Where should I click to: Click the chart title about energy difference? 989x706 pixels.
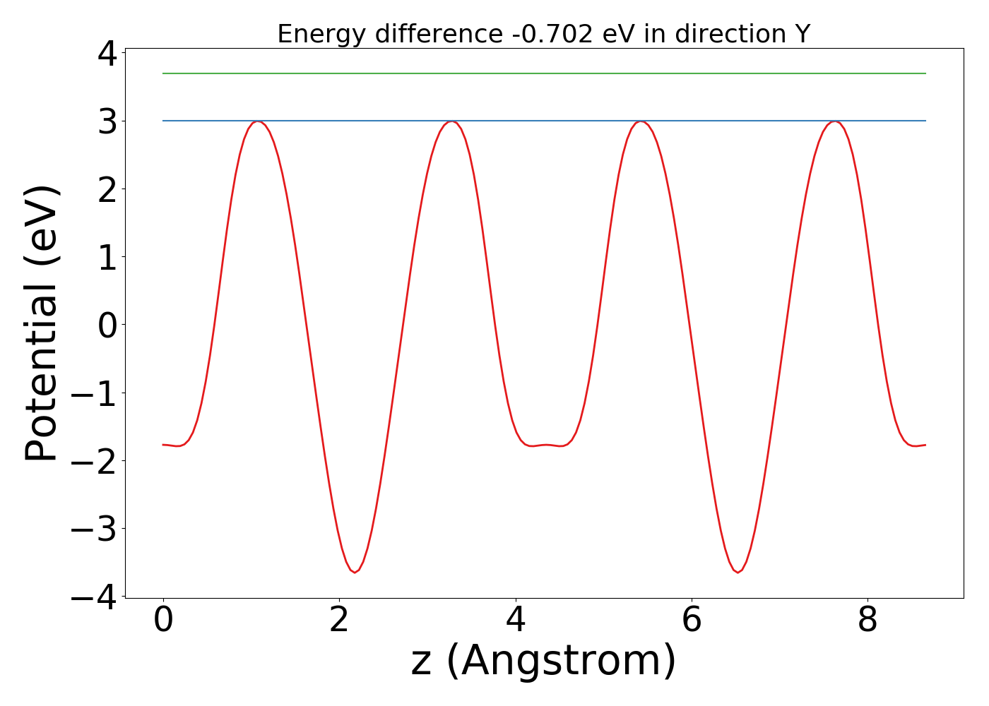tap(543, 34)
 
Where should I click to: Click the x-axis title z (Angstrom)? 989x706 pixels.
tap(543, 661)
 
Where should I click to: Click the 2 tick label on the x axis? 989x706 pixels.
tap(339, 621)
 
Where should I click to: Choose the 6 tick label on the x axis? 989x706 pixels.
tap(692, 621)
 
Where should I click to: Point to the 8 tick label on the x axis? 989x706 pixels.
tap(867, 621)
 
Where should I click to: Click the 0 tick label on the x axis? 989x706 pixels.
tap(163, 621)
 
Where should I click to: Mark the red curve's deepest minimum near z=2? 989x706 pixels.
tap(355, 572)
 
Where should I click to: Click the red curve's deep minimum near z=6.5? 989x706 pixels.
tap(738, 572)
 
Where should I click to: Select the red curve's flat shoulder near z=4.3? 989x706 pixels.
tap(546, 445)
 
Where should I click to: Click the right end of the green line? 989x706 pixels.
tap(925, 73)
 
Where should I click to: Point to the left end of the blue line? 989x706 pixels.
tap(164, 121)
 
